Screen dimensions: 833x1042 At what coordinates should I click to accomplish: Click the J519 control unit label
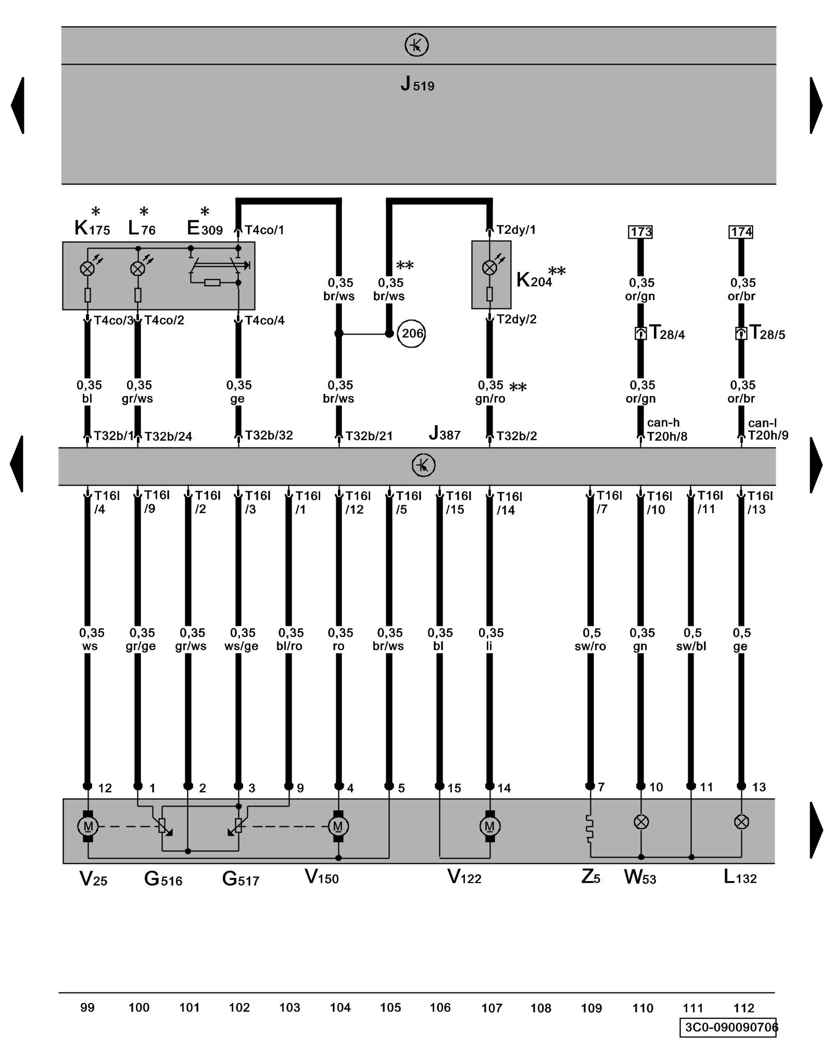click(x=417, y=84)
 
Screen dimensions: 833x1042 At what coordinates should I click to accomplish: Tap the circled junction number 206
click(x=411, y=333)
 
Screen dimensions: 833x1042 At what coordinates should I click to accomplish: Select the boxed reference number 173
click(x=640, y=232)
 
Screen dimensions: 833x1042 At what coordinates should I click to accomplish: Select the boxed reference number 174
click(x=741, y=232)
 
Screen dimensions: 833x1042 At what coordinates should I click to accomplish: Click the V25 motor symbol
click(x=87, y=826)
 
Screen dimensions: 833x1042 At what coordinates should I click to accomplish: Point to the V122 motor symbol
click(x=489, y=826)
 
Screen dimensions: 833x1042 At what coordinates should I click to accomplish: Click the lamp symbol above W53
click(x=641, y=822)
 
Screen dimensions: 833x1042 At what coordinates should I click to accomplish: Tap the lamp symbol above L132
click(x=741, y=822)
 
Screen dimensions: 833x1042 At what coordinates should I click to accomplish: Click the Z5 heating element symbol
click(x=590, y=828)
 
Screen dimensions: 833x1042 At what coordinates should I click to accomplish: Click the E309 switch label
click(x=205, y=228)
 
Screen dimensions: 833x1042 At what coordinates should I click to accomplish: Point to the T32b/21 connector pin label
click(x=369, y=436)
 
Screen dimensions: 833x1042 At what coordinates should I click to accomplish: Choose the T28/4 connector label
click(x=667, y=333)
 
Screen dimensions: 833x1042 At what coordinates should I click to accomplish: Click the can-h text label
click(x=663, y=423)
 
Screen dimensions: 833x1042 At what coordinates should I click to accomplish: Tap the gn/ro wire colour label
click(x=490, y=399)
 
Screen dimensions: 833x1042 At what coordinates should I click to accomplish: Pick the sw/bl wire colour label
click(x=691, y=646)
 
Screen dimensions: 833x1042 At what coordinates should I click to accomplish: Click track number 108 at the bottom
click(x=540, y=1008)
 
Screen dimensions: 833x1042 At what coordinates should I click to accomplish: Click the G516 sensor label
click(x=163, y=879)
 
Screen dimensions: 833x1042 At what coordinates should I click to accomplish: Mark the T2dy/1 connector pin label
click(x=516, y=230)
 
